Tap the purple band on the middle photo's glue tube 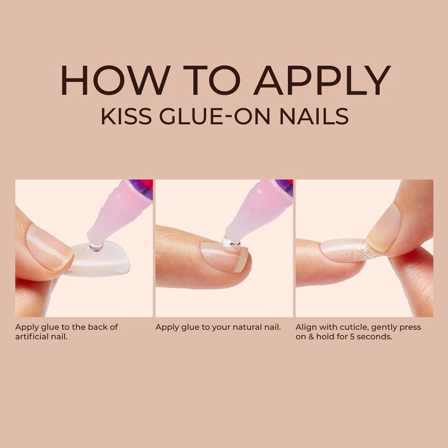coord(283,188)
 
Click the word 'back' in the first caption coord(106,327)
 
